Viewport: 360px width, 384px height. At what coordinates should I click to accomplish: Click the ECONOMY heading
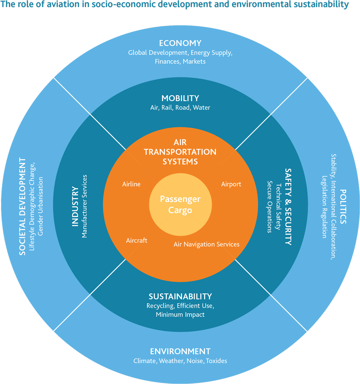coord(180,43)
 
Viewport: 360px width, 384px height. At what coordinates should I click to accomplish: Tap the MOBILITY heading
coord(180,98)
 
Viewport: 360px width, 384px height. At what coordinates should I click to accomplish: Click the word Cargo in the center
coord(180,211)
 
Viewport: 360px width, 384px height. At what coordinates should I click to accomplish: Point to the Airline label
coord(131,184)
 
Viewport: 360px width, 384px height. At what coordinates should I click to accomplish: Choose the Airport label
coord(231,184)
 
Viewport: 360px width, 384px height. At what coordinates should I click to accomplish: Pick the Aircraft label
coord(137,240)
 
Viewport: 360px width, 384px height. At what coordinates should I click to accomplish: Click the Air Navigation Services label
coord(207,244)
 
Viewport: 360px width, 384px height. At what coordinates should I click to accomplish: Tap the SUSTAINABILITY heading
coord(180,297)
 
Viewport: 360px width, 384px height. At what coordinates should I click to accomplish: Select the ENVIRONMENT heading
coord(180,351)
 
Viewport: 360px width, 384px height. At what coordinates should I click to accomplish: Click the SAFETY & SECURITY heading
coord(288,207)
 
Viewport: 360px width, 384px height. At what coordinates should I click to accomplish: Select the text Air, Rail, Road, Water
coord(180,107)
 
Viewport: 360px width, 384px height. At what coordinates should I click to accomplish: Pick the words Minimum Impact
coord(180,315)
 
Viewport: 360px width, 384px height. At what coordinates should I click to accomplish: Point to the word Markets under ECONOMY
coord(194,62)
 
